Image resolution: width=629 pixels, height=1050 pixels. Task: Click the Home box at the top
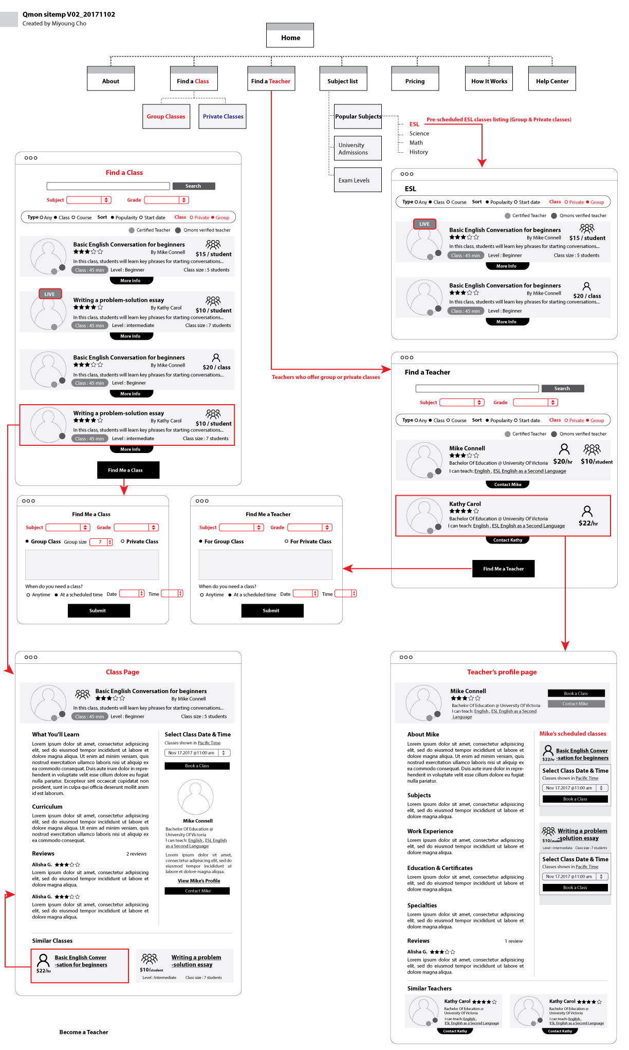[290, 38]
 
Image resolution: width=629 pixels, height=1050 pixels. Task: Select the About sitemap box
[110, 81]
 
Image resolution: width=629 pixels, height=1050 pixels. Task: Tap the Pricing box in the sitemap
[415, 81]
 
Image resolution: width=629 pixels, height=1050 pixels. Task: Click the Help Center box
[552, 81]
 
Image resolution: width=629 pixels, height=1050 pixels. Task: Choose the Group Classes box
[166, 117]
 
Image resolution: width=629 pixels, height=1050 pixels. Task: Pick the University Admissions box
[358, 149]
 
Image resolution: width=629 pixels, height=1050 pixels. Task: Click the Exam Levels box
[358, 180]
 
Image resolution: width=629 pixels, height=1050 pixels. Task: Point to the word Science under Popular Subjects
[419, 134]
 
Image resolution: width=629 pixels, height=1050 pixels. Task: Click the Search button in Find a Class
[193, 186]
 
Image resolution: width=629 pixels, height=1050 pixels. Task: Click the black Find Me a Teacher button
[503, 569]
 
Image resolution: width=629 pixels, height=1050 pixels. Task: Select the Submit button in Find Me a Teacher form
[272, 611]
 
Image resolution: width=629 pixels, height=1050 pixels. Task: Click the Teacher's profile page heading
[502, 672]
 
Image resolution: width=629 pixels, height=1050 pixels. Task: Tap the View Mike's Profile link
[199, 881]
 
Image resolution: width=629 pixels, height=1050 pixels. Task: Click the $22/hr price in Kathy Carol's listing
[588, 523]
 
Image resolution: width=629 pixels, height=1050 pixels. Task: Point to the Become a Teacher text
[84, 1032]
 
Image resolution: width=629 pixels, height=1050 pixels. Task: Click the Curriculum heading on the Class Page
[47, 807]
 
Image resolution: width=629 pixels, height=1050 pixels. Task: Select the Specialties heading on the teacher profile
[422, 906]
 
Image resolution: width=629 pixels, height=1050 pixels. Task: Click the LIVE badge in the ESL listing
[424, 224]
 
